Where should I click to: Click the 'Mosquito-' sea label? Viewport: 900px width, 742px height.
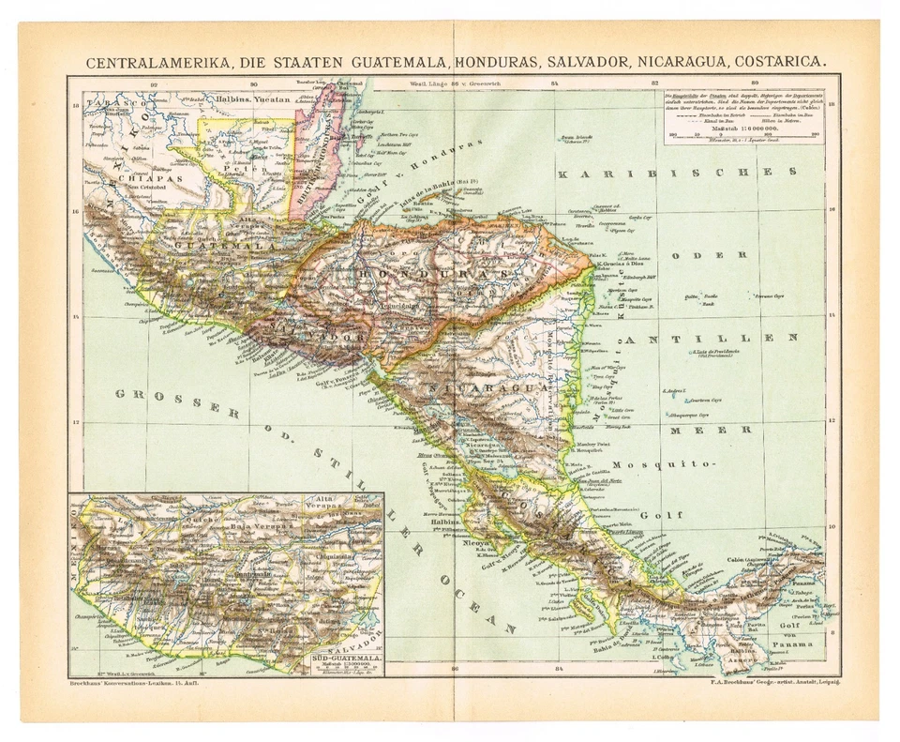(664, 464)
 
